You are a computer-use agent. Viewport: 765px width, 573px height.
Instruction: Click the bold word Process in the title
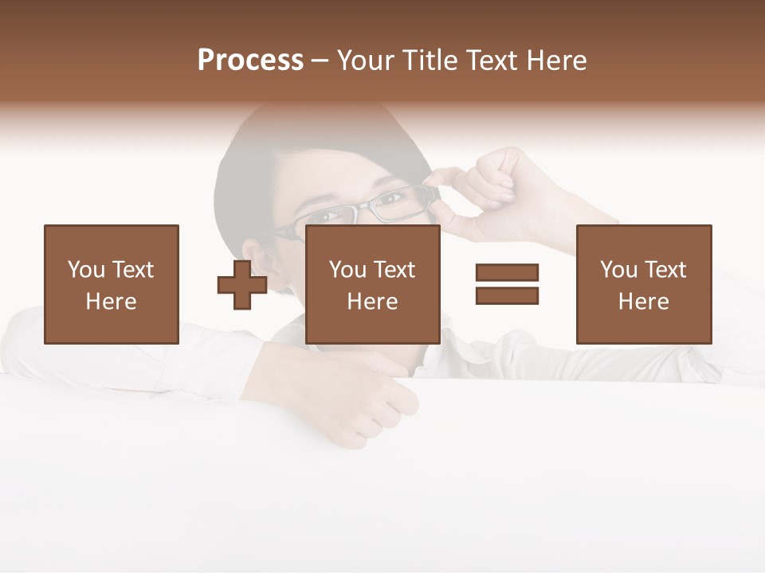[250, 60]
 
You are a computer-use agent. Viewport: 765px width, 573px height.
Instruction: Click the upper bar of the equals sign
[507, 273]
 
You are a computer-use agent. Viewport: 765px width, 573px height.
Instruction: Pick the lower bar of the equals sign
[507, 296]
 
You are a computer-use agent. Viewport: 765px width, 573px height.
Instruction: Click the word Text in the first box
[132, 270]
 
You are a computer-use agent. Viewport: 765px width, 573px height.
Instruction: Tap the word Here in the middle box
[373, 302]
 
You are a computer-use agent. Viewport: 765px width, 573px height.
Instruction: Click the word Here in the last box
[644, 302]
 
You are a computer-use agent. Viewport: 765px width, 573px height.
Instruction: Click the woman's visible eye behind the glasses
[390, 199]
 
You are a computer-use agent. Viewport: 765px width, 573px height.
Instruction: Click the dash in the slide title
[320, 60]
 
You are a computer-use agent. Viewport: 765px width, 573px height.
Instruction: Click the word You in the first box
[86, 270]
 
